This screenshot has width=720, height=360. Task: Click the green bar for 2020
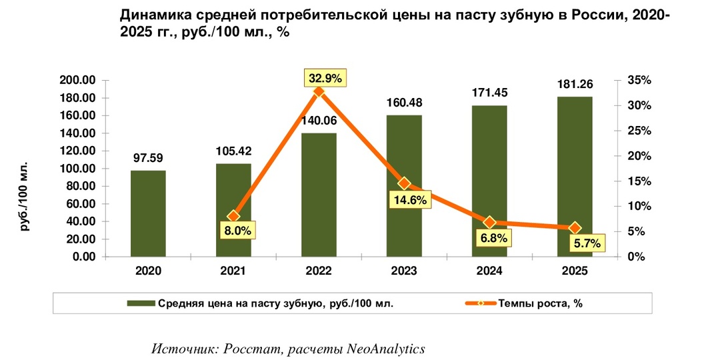[148, 214]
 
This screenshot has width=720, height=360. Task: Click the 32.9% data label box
[324, 78]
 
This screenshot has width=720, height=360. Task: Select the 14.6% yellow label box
[410, 199]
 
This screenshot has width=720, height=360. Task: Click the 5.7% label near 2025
[587, 243]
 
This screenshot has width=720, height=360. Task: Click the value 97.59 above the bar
[148, 158]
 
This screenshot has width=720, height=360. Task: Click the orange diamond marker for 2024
[489, 223]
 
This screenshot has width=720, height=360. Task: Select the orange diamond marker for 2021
[233, 216]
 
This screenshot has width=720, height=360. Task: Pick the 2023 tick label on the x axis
[404, 271]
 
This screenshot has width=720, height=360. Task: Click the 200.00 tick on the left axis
[97, 81]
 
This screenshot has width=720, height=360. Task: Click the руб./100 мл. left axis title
[25, 195]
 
